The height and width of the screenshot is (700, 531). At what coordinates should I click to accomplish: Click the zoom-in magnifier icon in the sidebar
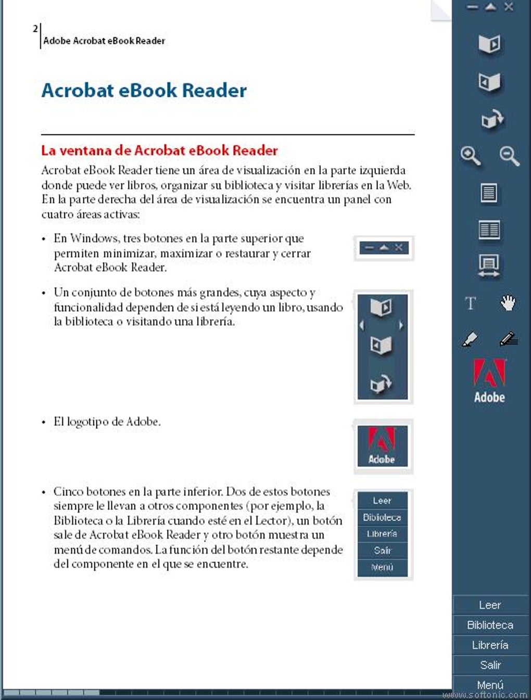tap(471, 156)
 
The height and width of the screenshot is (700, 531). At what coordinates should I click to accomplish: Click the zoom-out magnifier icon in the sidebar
tap(509, 156)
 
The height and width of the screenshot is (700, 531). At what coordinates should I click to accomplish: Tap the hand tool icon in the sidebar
tap(508, 303)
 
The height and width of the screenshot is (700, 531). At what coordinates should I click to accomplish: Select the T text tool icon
tap(471, 303)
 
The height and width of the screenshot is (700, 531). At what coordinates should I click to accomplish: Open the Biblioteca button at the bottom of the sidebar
tap(490, 625)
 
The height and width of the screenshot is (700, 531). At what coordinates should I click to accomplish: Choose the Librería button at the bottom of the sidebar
tap(490, 645)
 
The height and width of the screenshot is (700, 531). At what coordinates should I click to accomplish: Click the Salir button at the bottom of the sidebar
tap(490, 665)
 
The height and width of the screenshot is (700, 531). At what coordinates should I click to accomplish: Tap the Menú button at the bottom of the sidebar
tap(490, 684)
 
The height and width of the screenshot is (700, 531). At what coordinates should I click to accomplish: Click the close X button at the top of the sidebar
tap(509, 7)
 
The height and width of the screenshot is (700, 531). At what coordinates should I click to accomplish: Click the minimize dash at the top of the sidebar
tap(472, 7)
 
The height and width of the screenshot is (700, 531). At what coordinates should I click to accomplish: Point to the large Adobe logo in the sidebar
tap(489, 380)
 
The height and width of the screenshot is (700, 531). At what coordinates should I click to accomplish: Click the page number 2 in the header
tap(35, 29)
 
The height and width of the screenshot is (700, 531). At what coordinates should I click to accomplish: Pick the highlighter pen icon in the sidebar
tap(470, 339)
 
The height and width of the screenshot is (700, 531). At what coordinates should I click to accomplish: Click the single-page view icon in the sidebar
tap(488, 193)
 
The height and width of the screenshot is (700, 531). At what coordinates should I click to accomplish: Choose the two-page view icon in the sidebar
tap(489, 230)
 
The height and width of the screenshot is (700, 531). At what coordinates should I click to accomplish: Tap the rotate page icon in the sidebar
tap(491, 119)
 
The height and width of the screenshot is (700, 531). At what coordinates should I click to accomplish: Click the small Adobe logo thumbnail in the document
tap(383, 446)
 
